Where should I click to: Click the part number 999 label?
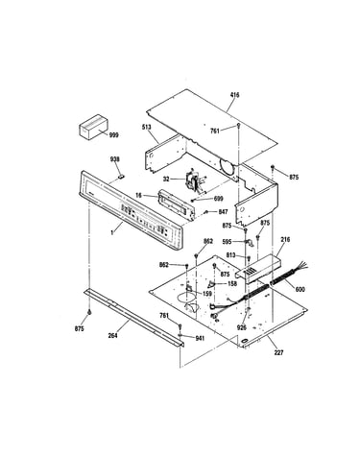(113, 135)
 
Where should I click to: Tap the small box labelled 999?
(93, 127)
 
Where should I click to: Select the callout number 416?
(234, 95)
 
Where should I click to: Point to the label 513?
(147, 127)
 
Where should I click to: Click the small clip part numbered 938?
(121, 175)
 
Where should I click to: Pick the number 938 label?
(115, 159)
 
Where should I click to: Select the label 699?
(218, 199)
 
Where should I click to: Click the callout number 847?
(223, 211)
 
